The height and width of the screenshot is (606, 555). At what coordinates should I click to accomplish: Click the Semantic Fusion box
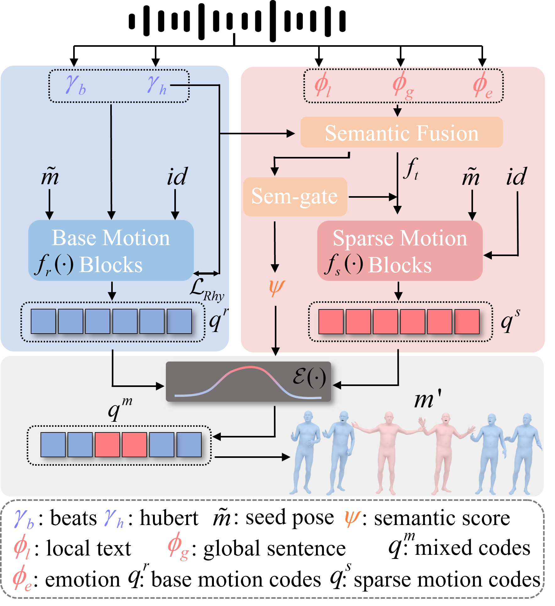401,132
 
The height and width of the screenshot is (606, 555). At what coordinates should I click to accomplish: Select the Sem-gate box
295,197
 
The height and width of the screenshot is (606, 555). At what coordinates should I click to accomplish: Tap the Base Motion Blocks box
111,250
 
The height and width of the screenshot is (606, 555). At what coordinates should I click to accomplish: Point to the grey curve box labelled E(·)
248,382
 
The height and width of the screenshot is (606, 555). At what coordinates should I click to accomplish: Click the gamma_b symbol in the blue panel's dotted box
76,85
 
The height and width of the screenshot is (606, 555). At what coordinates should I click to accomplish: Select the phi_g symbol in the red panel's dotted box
403,86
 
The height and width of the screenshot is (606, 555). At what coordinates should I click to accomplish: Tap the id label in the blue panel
177,177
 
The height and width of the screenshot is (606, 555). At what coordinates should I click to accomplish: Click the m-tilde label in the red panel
471,177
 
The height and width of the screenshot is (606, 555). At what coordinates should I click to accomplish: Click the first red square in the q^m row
107,445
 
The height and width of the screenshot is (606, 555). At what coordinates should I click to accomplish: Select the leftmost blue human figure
305,452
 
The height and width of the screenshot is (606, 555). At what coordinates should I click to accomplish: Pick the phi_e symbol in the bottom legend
22,578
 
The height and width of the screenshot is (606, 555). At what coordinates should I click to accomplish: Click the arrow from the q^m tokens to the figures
251,457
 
